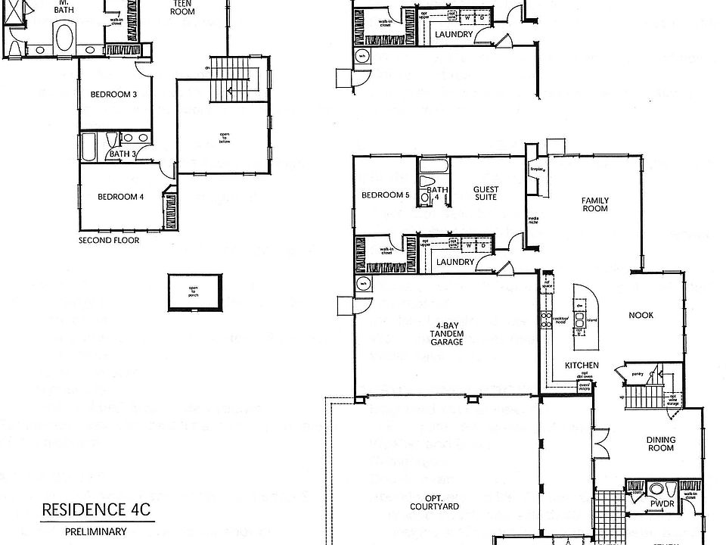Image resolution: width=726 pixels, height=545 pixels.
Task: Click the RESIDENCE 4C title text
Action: pyautogui.click(x=96, y=509)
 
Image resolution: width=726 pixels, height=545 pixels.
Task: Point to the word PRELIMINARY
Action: pyautogui.click(x=95, y=532)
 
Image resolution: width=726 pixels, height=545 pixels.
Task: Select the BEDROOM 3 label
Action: pyautogui.click(x=113, y=95)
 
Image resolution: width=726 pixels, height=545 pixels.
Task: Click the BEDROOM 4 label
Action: pyautogui.click(x=120, y=198)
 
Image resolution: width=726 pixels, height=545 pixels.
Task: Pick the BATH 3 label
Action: pyautogui.click(x=121, y=154)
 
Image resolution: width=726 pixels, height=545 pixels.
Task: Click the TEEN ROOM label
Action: pyautogui.click(x=182, y=8)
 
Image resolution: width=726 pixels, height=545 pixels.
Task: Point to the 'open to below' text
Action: pyautogui.click(x=223, y=137)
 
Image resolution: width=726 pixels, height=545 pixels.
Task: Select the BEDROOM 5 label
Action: pyautogui.click(x=385, y=195)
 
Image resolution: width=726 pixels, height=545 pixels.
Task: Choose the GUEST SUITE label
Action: pyautogui.click(x=485, y=193)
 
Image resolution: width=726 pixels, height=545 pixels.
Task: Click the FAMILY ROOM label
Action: pyautogui.click(x=594, y=204)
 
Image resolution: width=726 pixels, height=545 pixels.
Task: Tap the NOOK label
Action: pyautogui.click(x=641, y=315)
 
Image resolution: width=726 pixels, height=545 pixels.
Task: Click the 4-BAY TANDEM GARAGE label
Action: pyautogui.click(x=448, y=333)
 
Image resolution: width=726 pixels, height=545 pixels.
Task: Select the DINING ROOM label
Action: pyautogui.click(x=660, y=444)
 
